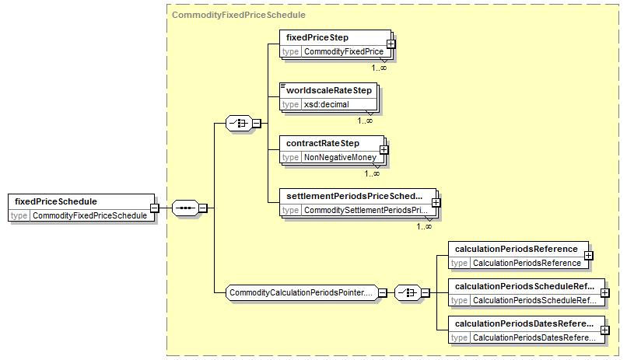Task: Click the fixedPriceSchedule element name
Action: pos(56,201)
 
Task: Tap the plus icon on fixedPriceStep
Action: pos(391,44)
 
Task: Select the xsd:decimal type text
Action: pos(326,104)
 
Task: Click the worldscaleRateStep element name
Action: pos(329,90)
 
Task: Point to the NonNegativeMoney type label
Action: pos(340,157)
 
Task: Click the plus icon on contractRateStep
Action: pos(384,150)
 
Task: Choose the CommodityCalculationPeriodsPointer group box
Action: pos(302,293)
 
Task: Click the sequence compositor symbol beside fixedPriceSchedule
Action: pos(185,208)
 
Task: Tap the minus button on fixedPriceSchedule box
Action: pos(154,208)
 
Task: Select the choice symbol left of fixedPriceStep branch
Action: pos(239,124)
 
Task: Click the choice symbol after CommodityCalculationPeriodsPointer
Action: pos(408,293)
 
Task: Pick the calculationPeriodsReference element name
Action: pos(517,249)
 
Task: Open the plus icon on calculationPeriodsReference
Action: pos(589,255)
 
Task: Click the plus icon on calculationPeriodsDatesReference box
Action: pos(605,330)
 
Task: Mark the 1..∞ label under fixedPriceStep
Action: pos(379,68)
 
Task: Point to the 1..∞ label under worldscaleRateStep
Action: pos(365,121)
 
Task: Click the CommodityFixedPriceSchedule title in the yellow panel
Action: pos(239,15)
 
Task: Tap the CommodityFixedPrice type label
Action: pos(344,51)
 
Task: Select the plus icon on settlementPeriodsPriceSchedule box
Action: pos(436,203)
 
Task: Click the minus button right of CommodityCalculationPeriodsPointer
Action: pos(383,293)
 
